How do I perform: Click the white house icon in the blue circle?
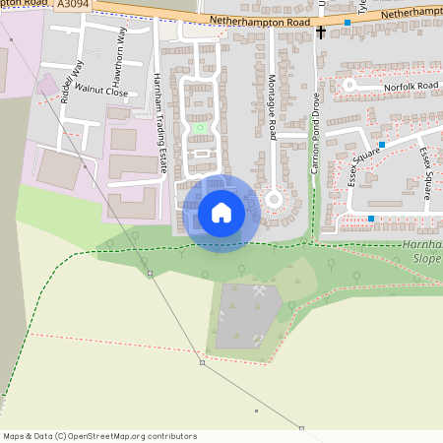pyautogui.click(x=221, y=213)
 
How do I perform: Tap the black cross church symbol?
pyautogui.click(x=321, y=32)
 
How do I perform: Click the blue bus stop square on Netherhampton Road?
pyautogui.click(x=348, y=22)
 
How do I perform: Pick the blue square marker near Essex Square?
pyautogui.click(x=370, y=219)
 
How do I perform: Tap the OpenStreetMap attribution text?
pyautogui.click(x=98, y=436)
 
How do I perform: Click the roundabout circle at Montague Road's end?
pyautogui.click(x=273, y=201)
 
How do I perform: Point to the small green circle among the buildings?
pyautogui.click(x=200, y=127)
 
